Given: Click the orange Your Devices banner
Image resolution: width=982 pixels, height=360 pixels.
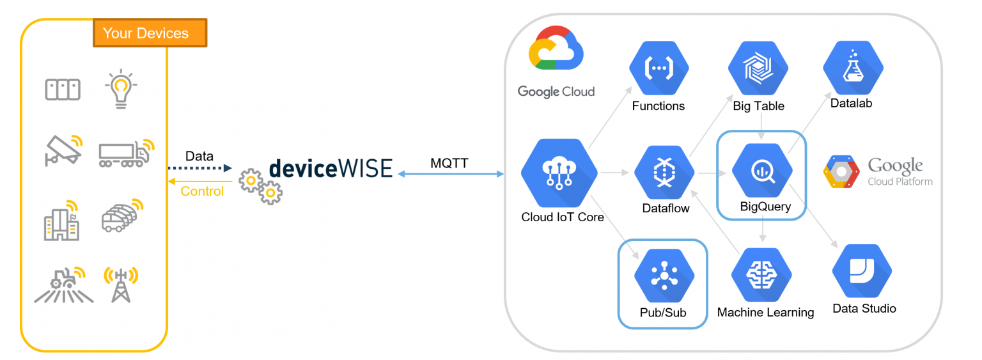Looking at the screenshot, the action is click(x=150, y=33).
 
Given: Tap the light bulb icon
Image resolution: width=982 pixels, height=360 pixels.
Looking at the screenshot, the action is click(x=121, y=89).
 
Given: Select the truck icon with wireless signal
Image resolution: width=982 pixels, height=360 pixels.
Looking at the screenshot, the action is click(x=127, y=153).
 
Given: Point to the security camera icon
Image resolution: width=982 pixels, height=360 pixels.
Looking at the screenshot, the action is click(x=64, y=150).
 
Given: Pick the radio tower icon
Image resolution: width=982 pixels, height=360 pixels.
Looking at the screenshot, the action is click(x=121, y=285).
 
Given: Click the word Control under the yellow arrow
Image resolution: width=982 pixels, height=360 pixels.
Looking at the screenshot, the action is click(x=202, y=191).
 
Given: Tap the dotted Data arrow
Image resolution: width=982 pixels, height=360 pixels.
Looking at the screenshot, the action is click(x=200, y=168).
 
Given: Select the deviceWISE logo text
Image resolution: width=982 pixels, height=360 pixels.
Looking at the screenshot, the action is click(x=331, y=169).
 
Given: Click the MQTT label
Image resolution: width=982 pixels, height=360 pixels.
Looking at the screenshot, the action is click(x=449, y=163).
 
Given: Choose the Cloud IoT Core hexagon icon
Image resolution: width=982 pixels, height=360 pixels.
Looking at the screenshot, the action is click(x=559, y=173).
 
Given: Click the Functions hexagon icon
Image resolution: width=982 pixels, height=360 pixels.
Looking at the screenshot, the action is click(x=659, y=68).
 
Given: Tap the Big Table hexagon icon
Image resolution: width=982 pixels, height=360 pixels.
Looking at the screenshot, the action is click(x=758, y=68).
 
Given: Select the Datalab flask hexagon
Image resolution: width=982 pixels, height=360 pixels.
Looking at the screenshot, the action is click(x=853, y=68).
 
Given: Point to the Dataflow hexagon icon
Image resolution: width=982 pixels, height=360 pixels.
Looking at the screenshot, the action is click(x=664, y=172).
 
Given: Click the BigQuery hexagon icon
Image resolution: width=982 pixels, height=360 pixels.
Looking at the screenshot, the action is click(x=762, y=171).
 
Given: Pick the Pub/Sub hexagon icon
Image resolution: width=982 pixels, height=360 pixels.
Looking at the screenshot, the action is click(x=664, y=276).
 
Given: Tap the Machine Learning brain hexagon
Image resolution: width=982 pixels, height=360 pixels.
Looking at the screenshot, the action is click(x=761, y=275).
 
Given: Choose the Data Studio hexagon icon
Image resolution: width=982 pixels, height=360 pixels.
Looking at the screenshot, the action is click(x=862, y=271).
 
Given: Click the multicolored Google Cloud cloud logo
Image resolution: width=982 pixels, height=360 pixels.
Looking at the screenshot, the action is click(x=556, y=48).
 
